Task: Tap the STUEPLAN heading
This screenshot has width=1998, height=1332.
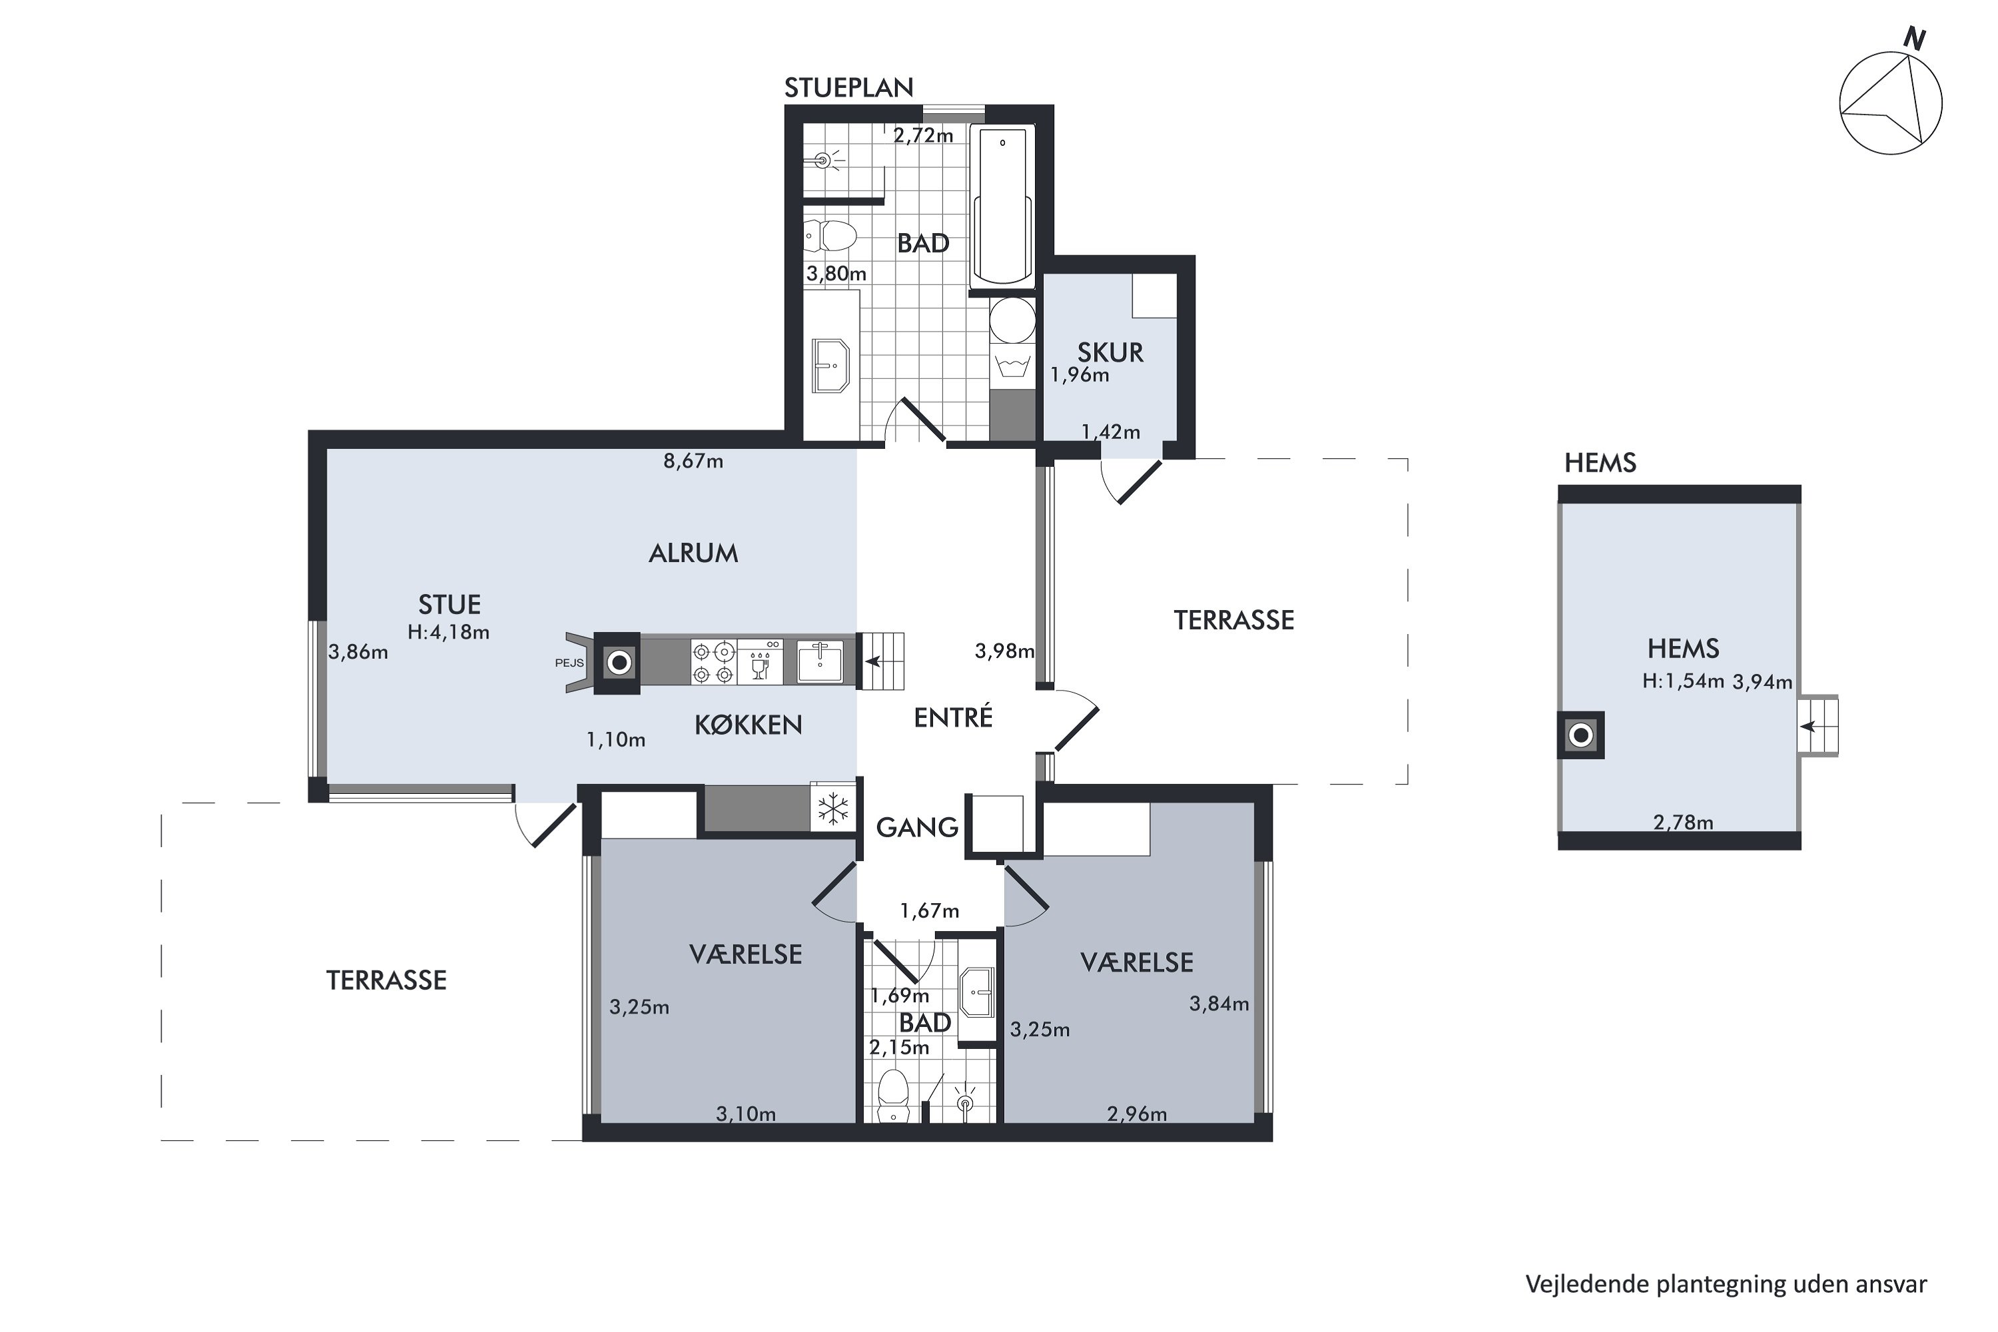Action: tap(848, 87)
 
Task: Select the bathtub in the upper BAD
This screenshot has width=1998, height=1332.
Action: tap(1002, 206)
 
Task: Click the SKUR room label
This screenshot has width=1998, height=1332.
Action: tap(1110, 352)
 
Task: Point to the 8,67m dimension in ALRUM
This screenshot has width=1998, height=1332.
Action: tap(693, 462)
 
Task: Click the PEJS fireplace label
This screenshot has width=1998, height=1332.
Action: tap(569, 663)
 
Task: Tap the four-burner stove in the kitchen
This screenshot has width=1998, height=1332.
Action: tap(713, 663)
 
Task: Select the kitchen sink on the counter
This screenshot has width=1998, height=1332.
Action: tap(820, 663)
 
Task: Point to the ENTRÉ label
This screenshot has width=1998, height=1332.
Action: tap(952, 718)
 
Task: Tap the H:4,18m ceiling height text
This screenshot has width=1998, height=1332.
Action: tap(448, 632)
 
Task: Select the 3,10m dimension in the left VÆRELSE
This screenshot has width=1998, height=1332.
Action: tap(746, 1114)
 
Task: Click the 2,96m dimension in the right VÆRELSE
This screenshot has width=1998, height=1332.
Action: tap(1137, 1114)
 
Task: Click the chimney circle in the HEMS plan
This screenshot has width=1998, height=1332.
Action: tap(1581, 735)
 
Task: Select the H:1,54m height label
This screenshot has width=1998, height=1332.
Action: tap(1683, 681)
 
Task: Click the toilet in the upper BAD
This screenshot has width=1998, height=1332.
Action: tap(830, 236)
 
